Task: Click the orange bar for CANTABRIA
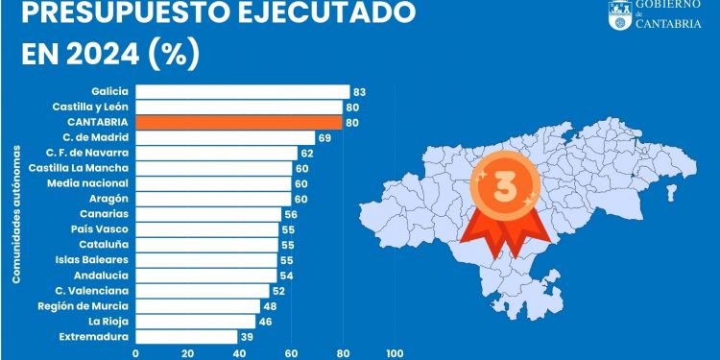tap(238, 122)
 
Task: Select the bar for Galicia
tap(242, 91)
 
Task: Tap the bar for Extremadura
tap(186, 336)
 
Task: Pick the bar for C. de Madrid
tap(225, 137)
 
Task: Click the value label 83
tap(360, 92)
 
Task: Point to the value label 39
tap(247, 336)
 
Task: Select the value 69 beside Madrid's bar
tap(324, 137)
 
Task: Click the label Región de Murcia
tap(84, 305)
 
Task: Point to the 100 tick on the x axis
tap(394, 352)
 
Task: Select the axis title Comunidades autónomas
tap(16, 214)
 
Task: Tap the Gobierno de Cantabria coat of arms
tap(619, 13)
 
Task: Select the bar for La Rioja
tap(196, 321)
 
